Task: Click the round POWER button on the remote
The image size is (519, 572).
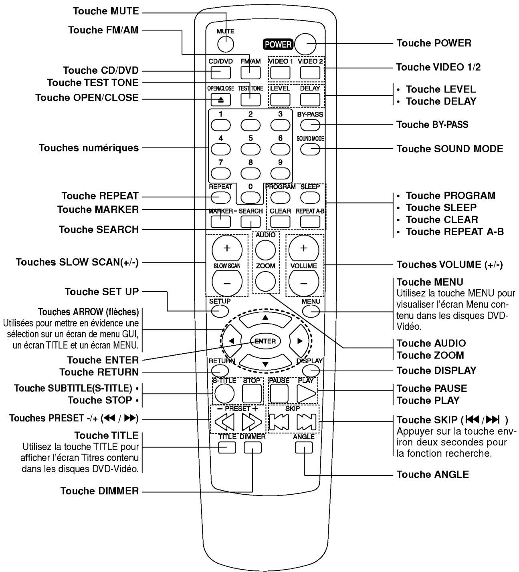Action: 305,43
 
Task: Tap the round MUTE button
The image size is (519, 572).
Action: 226,44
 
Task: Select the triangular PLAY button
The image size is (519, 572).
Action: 306,393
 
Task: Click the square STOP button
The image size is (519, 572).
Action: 252,393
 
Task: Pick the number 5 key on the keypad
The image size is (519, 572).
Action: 250,149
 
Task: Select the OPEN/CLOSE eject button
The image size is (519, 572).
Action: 220,99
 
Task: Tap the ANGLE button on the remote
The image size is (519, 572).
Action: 303,448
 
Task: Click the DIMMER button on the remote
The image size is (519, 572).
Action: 252,448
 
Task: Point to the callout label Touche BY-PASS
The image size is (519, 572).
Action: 432,125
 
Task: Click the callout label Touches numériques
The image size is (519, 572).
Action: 89,148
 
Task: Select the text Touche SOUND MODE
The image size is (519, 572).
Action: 449,149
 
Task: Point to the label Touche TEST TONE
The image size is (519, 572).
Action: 93,83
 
